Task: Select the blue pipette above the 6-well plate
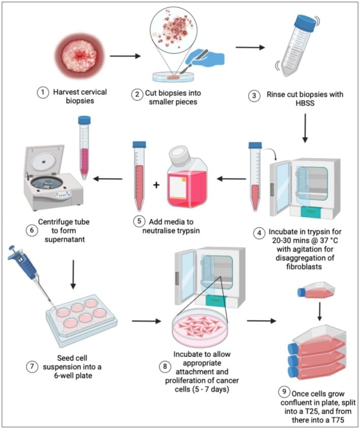click(x=21, y=265)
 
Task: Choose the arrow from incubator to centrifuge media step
click(x=232, y=178)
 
